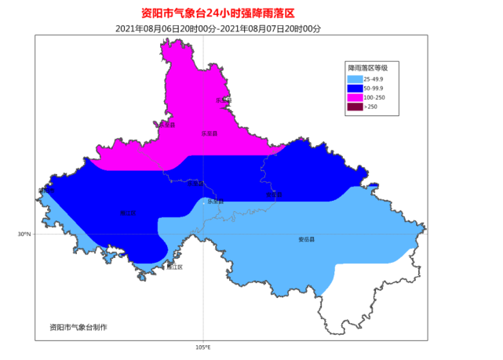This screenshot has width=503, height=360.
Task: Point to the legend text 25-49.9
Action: pos(374,78)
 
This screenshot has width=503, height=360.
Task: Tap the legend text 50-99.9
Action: pos(374,88)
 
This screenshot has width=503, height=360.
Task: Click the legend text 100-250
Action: pos(374,97)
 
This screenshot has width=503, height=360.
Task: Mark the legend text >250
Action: pos(370,107)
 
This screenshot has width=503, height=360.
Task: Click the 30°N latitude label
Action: pos(24,234)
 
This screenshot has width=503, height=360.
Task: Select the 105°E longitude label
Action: pos(202,347)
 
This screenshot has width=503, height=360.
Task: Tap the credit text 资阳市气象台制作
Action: pos(78,326)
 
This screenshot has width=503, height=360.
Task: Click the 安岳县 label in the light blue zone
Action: pos(306,239)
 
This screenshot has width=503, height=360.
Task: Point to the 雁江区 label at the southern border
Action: pos(174,267)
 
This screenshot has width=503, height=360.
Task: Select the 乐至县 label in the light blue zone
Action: pos(215,202)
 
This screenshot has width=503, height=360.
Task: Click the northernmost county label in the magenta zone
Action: pos(224,100)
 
